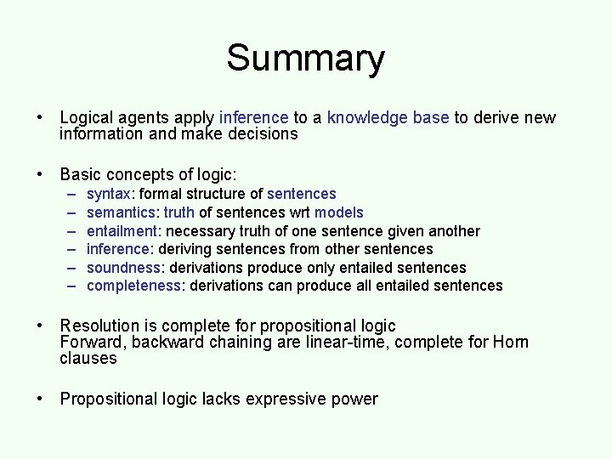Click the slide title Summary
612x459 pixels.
point(305,59)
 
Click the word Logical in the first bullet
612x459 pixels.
point(88,118)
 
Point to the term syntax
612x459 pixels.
point(108,194)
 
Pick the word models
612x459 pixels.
point(341,212)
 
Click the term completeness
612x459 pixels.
point(134,286)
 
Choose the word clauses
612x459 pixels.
point(88,358)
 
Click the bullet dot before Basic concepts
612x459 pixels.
point(40,175)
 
